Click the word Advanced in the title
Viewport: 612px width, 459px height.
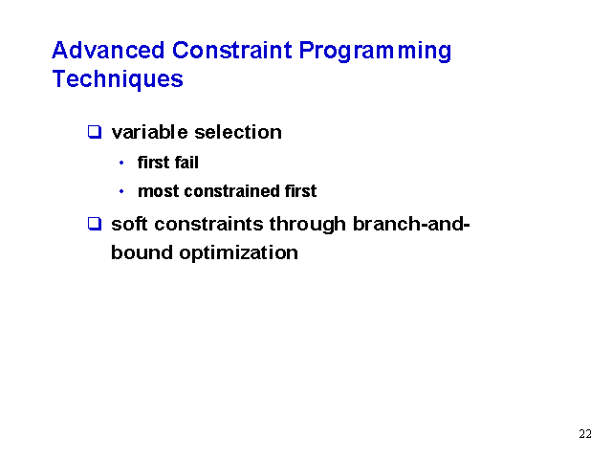click(x=108, y=51)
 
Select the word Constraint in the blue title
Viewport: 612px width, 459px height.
click(x=231, y=51)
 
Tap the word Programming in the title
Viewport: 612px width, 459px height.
click(x=375, y=53)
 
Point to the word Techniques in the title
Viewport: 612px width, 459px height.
click(x=118, y=79)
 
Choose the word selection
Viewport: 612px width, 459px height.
click(x=238, y=132)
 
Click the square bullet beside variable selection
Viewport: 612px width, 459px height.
click(x=95, y=132)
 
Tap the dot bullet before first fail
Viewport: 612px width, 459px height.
click(x=121, y=163)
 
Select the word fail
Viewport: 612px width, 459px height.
click(x=186, y=163)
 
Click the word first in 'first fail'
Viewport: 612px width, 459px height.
click(x=154, y=163)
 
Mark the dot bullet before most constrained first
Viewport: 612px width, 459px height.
click(x=121, y=191)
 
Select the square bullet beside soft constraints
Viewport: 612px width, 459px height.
click(x=95, y=224)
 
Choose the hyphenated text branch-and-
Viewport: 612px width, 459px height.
click(x=411, y=224)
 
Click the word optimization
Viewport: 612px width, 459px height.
click(x=238, y=253)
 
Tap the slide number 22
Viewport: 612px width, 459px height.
click(x=585, y=434)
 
